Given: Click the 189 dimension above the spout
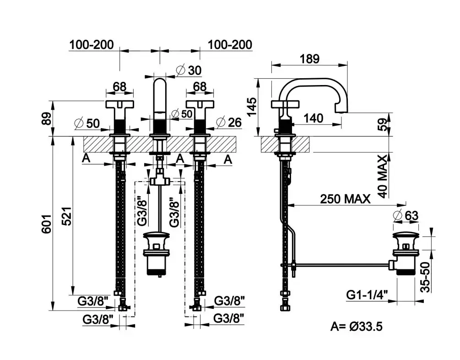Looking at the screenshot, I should point(309,59).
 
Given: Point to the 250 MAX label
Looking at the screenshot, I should point(346,199).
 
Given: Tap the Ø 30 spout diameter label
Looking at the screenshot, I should point(189,70).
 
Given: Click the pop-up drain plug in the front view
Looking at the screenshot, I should point(157,238).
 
